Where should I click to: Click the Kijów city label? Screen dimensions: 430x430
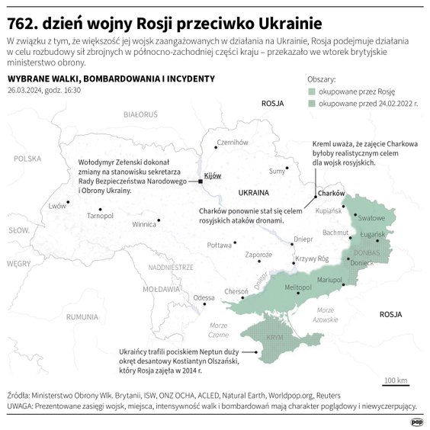[x=213, y=176]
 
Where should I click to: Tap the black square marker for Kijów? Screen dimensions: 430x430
[x=200, y=181]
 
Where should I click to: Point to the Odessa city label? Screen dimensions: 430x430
[x=204, y=297]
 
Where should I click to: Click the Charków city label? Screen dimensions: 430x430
[x=332, y=194]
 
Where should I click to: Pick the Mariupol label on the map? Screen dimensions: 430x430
[x=329, y=281]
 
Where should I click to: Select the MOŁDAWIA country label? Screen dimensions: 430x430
[x=161, y=289]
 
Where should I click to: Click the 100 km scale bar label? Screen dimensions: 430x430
[x=396, y=380]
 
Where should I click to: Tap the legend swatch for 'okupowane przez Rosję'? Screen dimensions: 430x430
[x=312, y=90]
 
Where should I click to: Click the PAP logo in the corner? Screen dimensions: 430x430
[x=416, y=421]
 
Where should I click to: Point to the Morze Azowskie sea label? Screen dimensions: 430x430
[x=326, y=314]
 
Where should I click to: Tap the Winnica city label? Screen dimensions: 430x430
[x=144, y=225]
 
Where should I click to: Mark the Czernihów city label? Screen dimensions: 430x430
[x=233, y=142]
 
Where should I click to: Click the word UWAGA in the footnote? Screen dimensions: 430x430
[x=22, y=406]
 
